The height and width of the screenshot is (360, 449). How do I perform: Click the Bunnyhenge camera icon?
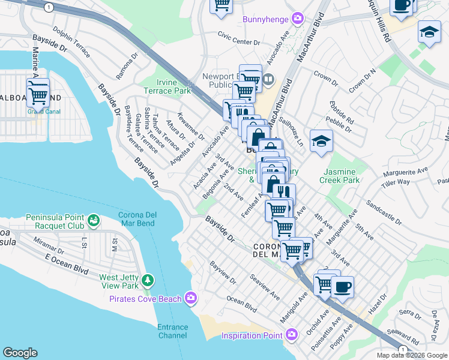tap(296, 19)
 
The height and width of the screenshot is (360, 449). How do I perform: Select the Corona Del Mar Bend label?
tap(136, 219)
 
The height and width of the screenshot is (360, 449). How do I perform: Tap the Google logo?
tap(20, 352)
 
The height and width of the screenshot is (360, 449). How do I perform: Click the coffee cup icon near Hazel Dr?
tap(342, 287)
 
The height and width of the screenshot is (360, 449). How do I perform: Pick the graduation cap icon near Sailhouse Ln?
tap(321, 142)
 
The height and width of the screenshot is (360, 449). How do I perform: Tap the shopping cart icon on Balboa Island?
tap(38, 94)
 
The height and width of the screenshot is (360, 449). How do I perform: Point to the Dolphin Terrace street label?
tap(71, 42)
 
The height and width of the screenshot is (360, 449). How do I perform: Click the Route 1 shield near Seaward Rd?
tap(402, 349)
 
